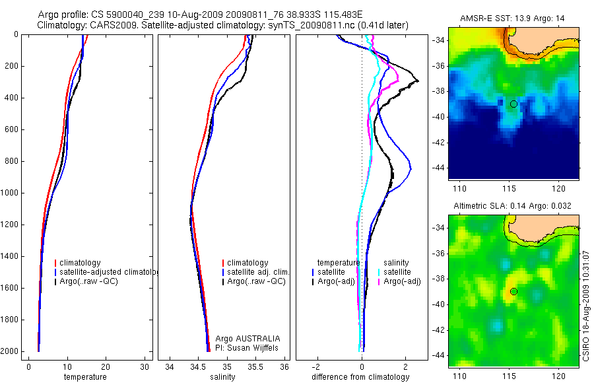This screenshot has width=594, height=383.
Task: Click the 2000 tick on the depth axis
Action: coord(11,351)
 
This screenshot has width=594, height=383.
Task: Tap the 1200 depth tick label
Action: coord(11,225)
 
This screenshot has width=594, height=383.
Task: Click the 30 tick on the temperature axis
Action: coord(145,366)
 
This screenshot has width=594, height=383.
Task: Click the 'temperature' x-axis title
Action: coord(85,377)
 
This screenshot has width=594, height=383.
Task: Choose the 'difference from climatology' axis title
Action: coord(360,377)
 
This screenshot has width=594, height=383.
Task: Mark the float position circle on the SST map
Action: coord(513,104)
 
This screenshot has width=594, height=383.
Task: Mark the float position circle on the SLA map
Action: coord(513,291)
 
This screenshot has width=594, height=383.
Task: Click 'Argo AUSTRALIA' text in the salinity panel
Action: coord(243,339)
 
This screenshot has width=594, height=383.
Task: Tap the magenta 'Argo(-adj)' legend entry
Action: coord(402,281)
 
